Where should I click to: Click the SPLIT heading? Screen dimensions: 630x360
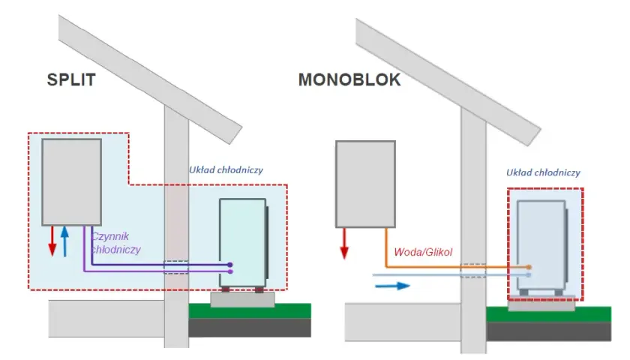point(71,79)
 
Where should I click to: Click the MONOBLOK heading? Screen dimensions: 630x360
point(349,79)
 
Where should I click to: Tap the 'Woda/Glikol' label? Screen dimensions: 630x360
point(423,252)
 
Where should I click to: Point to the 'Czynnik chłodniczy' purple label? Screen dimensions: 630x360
point(115,243)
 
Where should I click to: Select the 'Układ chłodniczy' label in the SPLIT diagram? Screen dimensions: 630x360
point(226,170)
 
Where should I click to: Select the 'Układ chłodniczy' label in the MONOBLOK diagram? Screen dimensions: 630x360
point(543,172)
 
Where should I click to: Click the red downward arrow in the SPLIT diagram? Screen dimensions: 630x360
point(52,241)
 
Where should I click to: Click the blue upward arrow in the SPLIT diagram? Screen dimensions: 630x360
point(64,241)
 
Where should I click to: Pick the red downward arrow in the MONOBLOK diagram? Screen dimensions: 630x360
point(344,244)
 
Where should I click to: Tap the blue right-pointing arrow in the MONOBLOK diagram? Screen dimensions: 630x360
point(392,286)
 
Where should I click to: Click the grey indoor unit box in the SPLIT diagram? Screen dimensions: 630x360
point(71,182)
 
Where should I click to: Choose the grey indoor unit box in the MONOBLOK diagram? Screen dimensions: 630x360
point(365,184)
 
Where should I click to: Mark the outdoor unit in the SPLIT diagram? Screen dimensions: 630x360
point(244,244)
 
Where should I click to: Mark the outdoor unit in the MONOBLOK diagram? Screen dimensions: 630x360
point(542,247)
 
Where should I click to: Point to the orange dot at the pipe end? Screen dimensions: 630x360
point(529,267)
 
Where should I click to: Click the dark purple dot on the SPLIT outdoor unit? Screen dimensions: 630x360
point(229,265)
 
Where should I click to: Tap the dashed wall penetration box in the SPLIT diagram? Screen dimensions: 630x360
point(176,267)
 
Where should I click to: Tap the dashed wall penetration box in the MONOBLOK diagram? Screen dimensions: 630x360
point(473,271)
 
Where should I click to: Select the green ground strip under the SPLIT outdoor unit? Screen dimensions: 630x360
point(250,311)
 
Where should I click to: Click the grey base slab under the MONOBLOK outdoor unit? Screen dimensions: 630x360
point(541,305)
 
